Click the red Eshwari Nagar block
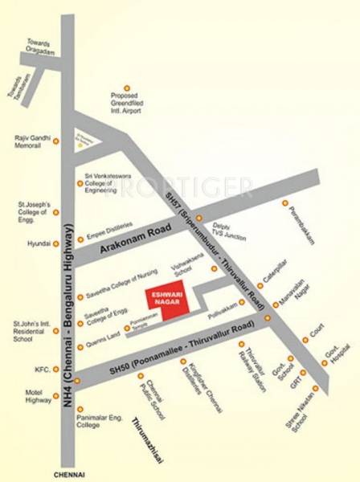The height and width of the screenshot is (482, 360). pyautogui.click(x=159, y=303)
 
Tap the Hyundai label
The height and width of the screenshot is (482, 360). pyautogui.click(x=36, y=242)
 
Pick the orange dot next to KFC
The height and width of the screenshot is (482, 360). pyautogui.click(x=56, y=370)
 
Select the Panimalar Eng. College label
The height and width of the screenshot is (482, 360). pyautogui.click(x=99, y=422)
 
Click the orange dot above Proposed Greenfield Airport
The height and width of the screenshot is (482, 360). pyautogui.click(x=126, y=88)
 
